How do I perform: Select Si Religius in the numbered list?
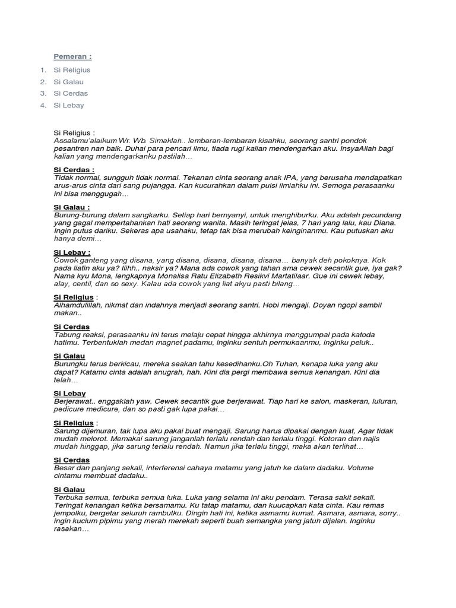click(x=72, y=70)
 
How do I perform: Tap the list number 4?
click(x=43, y=106)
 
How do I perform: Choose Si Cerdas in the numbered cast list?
click(x=71, y=94)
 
